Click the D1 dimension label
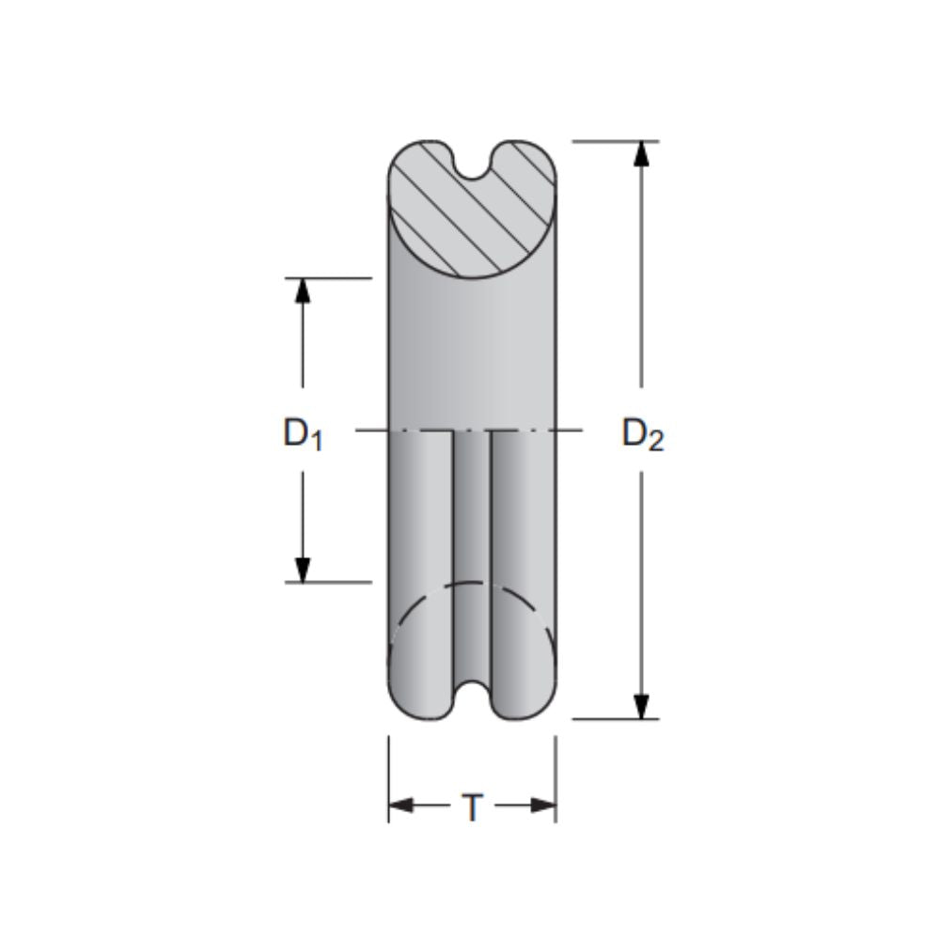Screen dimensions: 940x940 [303, 434]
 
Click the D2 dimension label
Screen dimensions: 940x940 [642, 434]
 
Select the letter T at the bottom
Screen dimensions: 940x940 [473, 807]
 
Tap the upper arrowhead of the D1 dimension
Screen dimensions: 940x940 [303, 290]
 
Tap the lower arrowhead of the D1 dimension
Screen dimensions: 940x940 [303, 570]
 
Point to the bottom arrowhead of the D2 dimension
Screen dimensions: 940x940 [642, 706]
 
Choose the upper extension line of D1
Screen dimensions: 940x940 [329, 278]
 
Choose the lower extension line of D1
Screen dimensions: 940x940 [329, 582]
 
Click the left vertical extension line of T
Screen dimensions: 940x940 [389, 780]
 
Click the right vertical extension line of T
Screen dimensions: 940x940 [556, 780]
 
